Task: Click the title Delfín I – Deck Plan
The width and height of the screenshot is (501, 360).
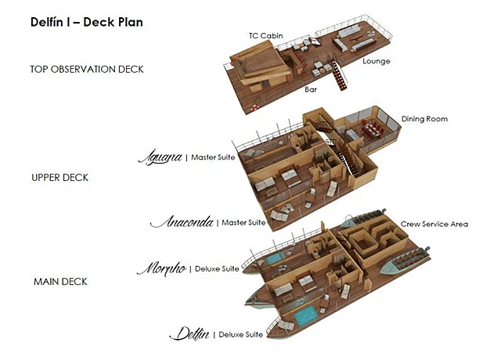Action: click(x=87, y=22)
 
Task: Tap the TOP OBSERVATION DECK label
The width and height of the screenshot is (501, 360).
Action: click(x=87, y=70)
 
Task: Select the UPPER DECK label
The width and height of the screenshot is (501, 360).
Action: click(x=59, y=178)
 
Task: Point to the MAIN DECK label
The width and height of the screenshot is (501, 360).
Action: click(x=60, y=282)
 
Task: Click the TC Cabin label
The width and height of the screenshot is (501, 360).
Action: click(x=266, y=36)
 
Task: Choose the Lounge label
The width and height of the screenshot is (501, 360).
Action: click(x=377, y=61)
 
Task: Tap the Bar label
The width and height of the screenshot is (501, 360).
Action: click(x=311, y=89)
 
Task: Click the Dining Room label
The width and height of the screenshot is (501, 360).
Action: click(x=424, y=119)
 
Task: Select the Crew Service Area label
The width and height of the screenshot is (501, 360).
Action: click(x=434, y=225)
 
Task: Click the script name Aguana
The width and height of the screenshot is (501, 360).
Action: click(x=160, y=157)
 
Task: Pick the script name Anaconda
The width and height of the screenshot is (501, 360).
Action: click(x=182, y=222)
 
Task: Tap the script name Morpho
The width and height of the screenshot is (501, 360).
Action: click(x=162, y=269)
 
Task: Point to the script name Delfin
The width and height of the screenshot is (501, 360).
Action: click(x=189, y=334)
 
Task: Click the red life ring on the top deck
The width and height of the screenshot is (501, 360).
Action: click(x=254, y=107)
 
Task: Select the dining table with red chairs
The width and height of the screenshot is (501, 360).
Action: click(x=372, y=131)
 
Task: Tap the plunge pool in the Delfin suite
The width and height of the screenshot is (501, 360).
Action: click(x=306, y=315)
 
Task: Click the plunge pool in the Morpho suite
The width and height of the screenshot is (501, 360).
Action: click(x=276, y=258)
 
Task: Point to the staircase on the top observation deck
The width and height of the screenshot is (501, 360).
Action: click(x=338, y=75)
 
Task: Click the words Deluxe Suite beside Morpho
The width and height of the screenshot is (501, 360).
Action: click(x=217, y=269)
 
